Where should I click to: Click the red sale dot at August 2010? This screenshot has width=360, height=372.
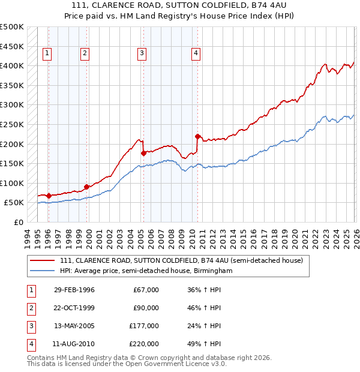[197, 136]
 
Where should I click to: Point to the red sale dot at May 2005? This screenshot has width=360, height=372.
[143, 153]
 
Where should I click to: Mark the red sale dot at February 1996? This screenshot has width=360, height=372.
[49, 196]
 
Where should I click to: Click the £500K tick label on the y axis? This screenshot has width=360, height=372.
[12, 27]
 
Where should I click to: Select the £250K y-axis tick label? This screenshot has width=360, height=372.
[12, 125]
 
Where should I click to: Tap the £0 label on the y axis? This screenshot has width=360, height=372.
[18, 223]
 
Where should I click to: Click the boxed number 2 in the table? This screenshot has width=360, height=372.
[31, 308]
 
